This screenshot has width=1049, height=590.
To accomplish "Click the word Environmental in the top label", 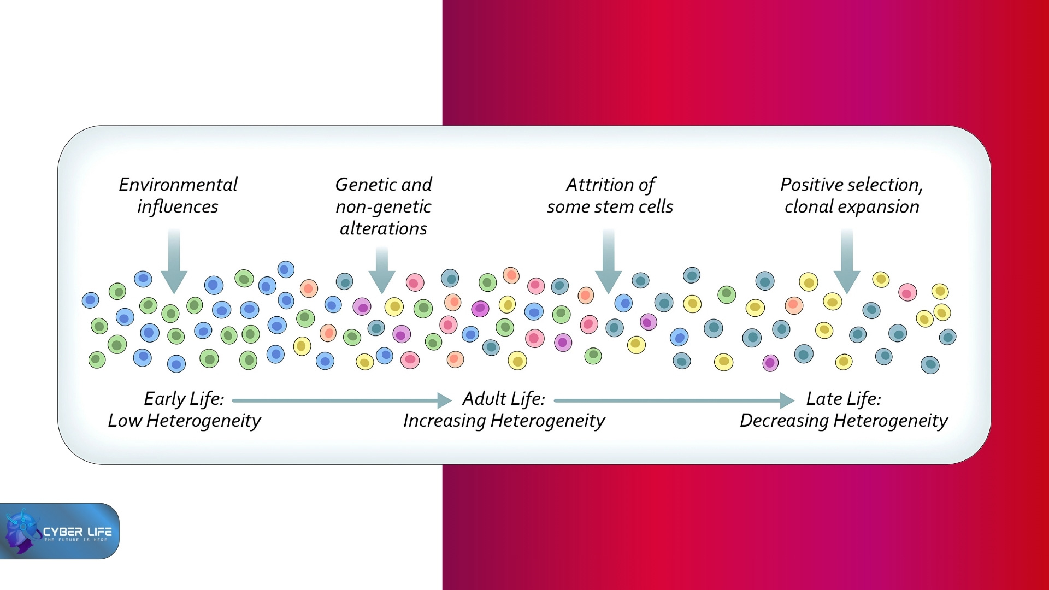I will coord(178,185).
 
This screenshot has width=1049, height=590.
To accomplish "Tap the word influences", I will coord(178,206).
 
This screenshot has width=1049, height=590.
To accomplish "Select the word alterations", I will coord(383,228).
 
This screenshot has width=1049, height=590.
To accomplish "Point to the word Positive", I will coord(805,185).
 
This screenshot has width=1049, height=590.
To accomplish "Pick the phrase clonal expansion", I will coord(852,206).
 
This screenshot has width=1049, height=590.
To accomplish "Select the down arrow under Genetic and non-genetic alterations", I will coord(382,270).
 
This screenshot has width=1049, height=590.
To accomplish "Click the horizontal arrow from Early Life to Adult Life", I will coord(341,400).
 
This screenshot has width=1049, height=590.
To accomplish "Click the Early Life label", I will coord(184,399).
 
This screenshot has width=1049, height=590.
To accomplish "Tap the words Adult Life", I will coord(503,399).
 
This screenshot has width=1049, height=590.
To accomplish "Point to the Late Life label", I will coord(843,399).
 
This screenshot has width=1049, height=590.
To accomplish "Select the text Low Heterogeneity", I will coord(184,421).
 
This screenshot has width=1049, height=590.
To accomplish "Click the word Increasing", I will coord(444,421).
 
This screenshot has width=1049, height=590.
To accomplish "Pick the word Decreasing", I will coord(784,421).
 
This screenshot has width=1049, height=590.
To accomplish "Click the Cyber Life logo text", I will coord(77,532).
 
